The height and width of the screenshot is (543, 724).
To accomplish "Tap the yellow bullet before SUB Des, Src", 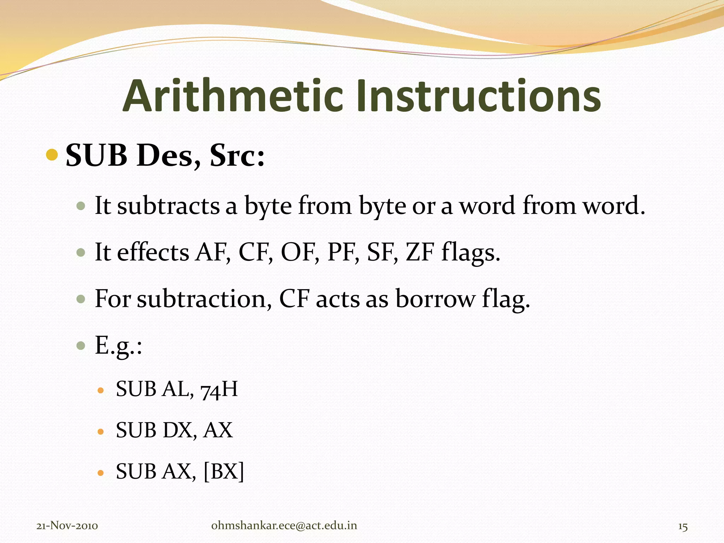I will (52, 154).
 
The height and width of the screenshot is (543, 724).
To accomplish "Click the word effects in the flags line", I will (153, 252).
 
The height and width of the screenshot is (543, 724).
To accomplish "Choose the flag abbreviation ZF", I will (420, 252).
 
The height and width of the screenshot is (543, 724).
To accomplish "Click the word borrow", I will (435, 299).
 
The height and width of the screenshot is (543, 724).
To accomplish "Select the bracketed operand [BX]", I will (224, 472).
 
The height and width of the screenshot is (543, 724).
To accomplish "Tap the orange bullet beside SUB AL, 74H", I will (101, 391).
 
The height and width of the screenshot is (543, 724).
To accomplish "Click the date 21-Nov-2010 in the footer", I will (67, 526).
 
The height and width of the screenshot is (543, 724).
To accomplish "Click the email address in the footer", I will (284, 526).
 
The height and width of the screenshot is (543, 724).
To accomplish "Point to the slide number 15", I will (683, 527).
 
